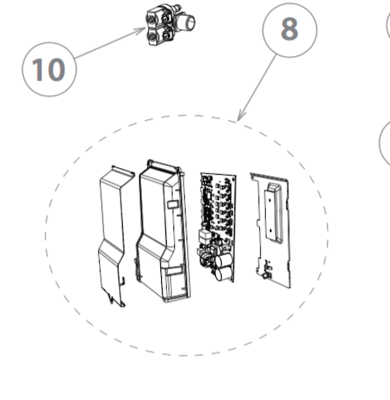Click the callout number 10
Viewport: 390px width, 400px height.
click(48, 69)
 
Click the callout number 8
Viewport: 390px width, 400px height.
click(290, 29)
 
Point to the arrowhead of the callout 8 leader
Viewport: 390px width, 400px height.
click(239, 117)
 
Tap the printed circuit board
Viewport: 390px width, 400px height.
click(217, 227)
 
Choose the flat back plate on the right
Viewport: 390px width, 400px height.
click(272, 230)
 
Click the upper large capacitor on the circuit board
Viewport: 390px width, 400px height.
click(224, 260)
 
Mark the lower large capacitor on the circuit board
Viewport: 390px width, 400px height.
click(223, 274)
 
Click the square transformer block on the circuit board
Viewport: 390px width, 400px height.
click(204, 236)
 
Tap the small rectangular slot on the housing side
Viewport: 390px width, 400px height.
click(172, 204)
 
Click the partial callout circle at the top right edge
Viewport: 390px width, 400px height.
click(388, 25)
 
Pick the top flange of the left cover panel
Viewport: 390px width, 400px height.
click(123, 170)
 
